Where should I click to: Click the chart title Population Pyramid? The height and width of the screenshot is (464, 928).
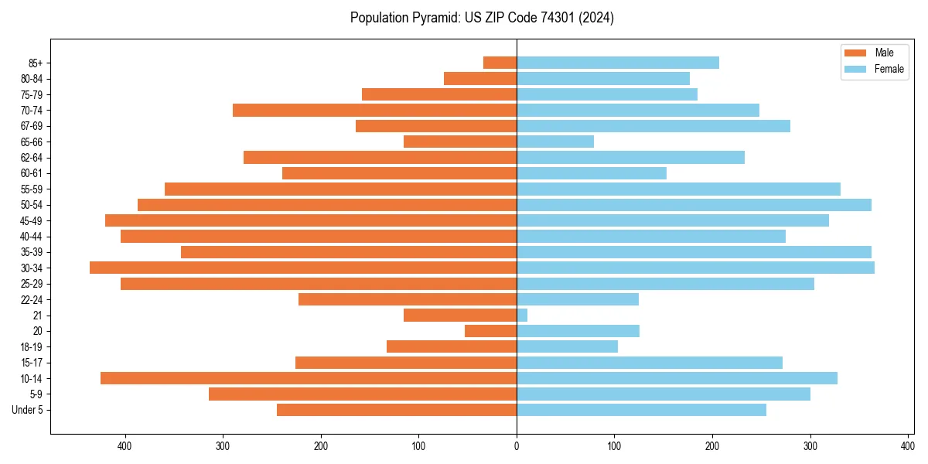(482, 18)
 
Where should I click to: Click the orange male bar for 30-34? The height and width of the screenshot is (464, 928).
(303, 268)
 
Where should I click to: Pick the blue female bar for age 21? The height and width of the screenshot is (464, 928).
(522, 316)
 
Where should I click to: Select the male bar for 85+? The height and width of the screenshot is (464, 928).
(500, 63)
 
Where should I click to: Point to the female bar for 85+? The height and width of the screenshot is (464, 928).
(618, 63)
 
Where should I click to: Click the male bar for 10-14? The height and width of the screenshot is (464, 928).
(309, 378)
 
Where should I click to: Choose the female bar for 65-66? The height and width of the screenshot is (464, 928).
(555, 142)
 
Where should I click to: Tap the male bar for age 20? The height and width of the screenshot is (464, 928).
(490, 331)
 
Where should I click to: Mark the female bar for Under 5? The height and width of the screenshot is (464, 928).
(641, 410)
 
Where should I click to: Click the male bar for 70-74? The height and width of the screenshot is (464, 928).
(374, 110)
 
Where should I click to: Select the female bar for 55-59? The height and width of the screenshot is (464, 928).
(678, 189)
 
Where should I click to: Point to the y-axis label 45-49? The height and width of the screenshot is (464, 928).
(30, 220)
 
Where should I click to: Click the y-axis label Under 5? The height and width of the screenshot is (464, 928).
(28, 410)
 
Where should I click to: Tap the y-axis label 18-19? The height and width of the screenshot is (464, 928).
(30, 346)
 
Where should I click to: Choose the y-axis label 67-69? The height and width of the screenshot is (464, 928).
(30, 126)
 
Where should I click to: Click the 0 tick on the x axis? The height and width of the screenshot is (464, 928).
(517, 446)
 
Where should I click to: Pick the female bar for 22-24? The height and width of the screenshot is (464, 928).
(578, 299)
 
